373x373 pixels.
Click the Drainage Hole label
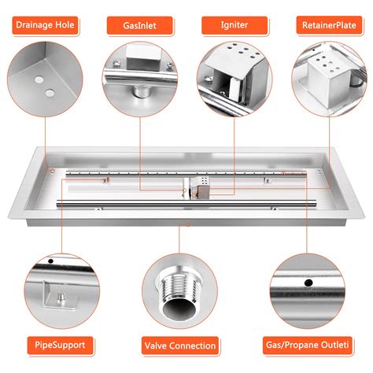[x=45, y=25]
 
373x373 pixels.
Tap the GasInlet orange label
[x=139, y=26]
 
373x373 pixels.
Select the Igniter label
[x=235, y=25]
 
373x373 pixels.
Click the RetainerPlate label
[x=329, y=25]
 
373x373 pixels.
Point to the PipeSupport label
[x=60, y=345]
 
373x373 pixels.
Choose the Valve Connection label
[x=180, y=345]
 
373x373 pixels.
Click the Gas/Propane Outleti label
[x=307, y=345]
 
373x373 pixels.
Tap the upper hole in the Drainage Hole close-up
[x=39, y=79]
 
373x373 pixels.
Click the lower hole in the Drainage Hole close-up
[x=50, y=93]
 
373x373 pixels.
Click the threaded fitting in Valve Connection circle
[x=179, y=293]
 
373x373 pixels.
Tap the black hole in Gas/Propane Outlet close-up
[x=308, y=283]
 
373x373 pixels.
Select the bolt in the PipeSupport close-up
[x=61, y=297]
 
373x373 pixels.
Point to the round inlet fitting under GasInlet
[x=141, y=91]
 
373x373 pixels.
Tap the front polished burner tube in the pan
[x=186, y=203]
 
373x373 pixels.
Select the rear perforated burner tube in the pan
[x=186, y=173]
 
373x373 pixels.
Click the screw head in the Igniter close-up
[x=209, y=78]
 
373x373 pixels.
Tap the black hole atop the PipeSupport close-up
[x=51, y=261]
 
